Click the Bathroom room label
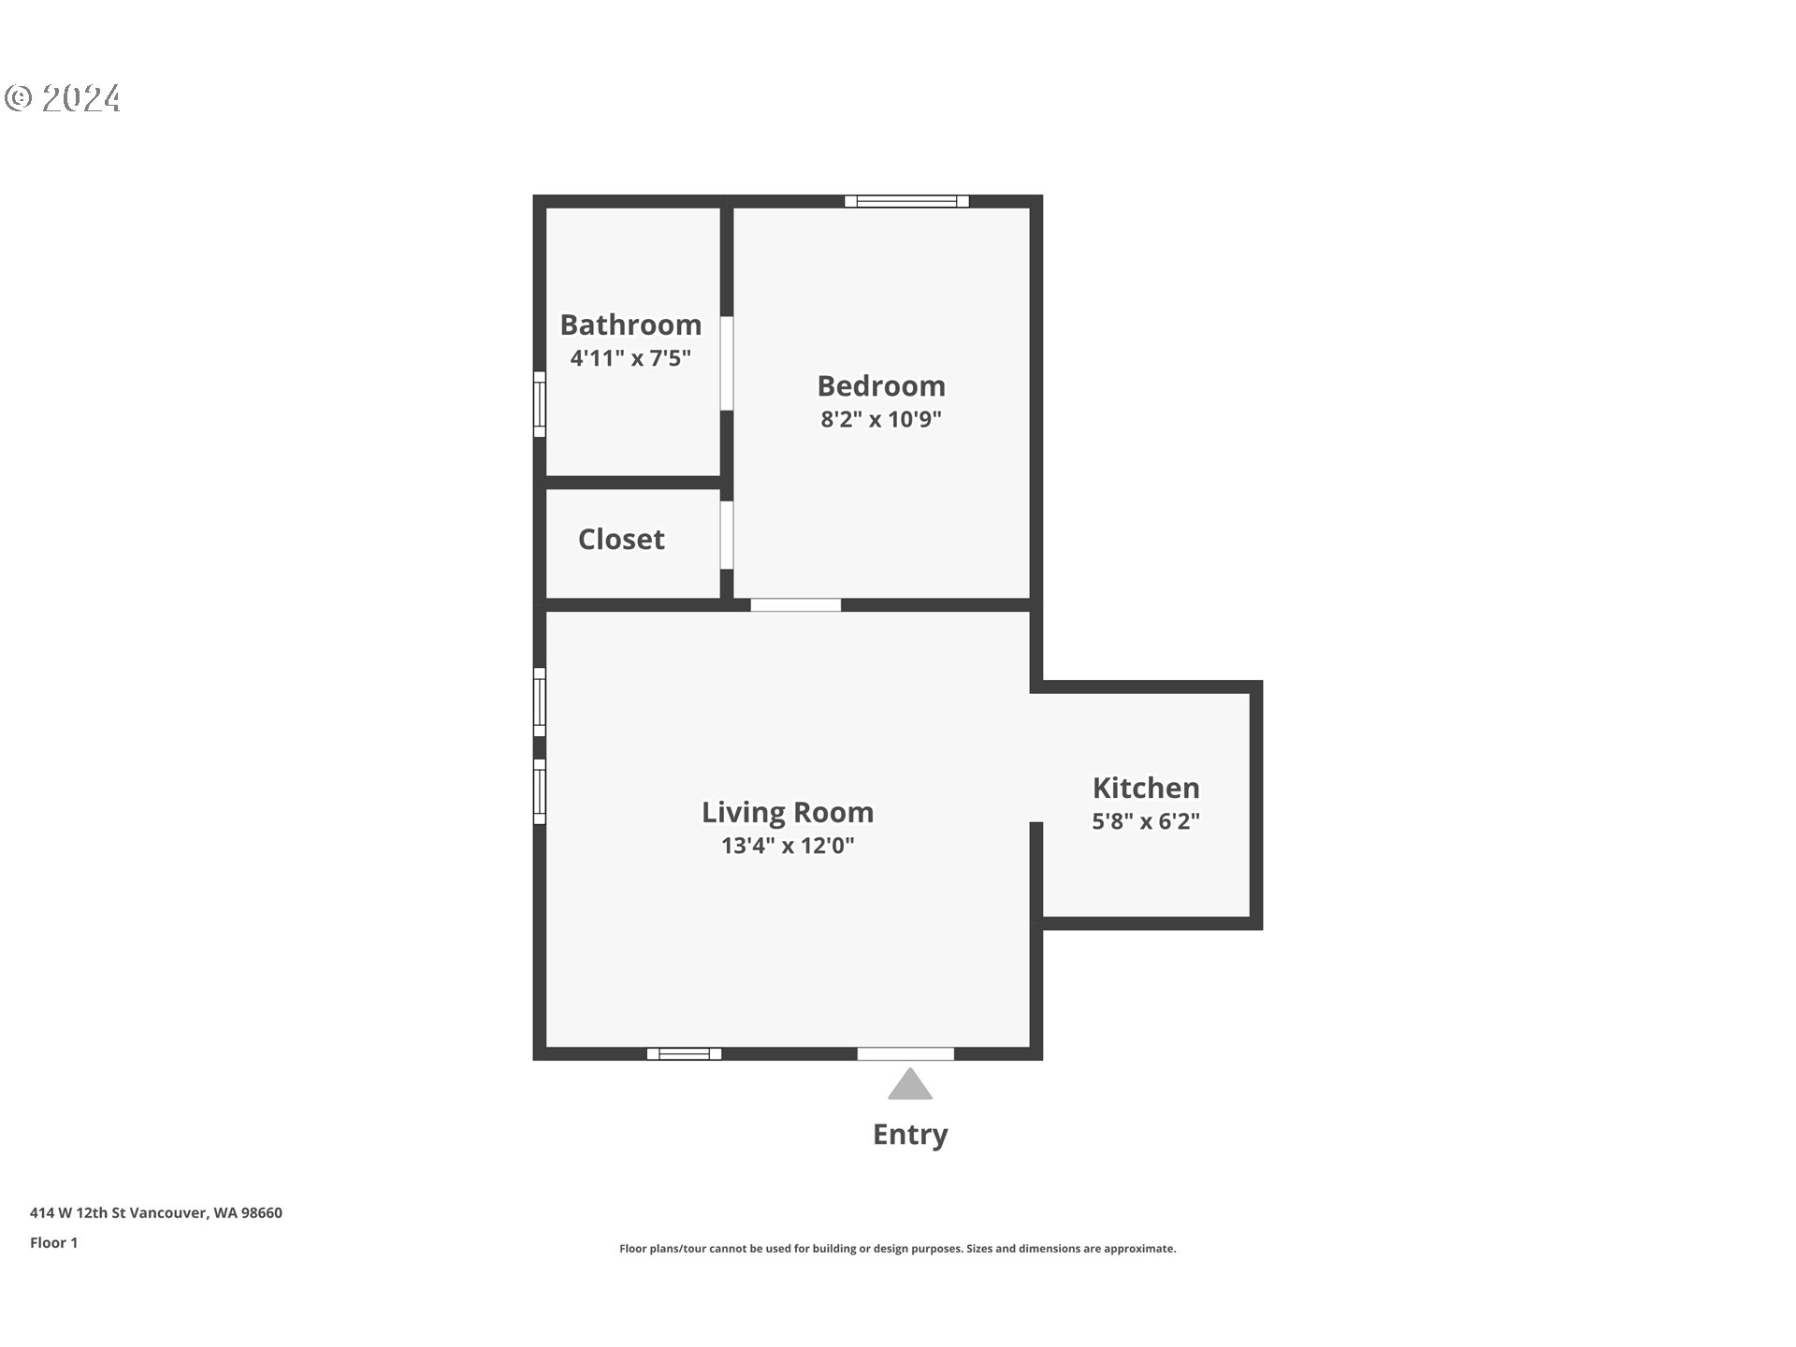click(630, 325)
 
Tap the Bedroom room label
click(881, 385)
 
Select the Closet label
click(621, 539)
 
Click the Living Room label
click(788, 812)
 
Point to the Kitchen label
click(1146, 788)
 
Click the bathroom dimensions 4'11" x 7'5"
click(630, 358)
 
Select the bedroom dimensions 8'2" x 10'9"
click(881, 419)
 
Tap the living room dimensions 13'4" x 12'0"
click(788, 846)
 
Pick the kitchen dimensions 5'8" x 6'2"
click(1146, 821)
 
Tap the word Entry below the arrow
click(910, 1135)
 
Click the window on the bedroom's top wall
click(906, 201)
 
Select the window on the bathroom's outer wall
click(540, 404)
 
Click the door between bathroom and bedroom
click(727, 363)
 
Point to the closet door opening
click(727, 535)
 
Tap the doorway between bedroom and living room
click(796, 605)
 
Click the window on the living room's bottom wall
click(684, 1054)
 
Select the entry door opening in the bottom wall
click(905, 1054)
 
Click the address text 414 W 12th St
click(78, 1213)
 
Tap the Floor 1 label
click(54, 1243)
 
